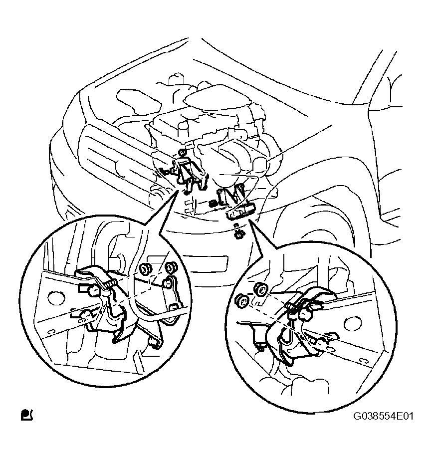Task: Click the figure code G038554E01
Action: (383, 416)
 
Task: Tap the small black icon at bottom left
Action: (27, 415)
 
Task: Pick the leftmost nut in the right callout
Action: (242, 302)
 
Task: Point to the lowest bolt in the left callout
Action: (153, 342)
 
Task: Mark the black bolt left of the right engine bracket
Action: (214, 202)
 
